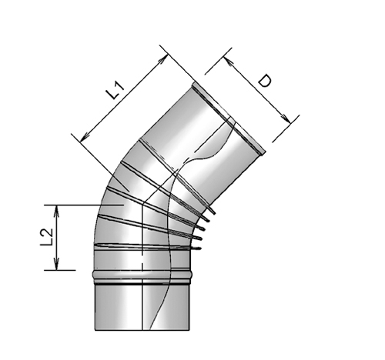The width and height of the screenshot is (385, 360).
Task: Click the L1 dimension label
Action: point(115,89)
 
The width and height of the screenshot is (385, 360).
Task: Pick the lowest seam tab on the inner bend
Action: point(198,248)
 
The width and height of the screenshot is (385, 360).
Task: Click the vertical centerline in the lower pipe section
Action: point(142,304)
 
